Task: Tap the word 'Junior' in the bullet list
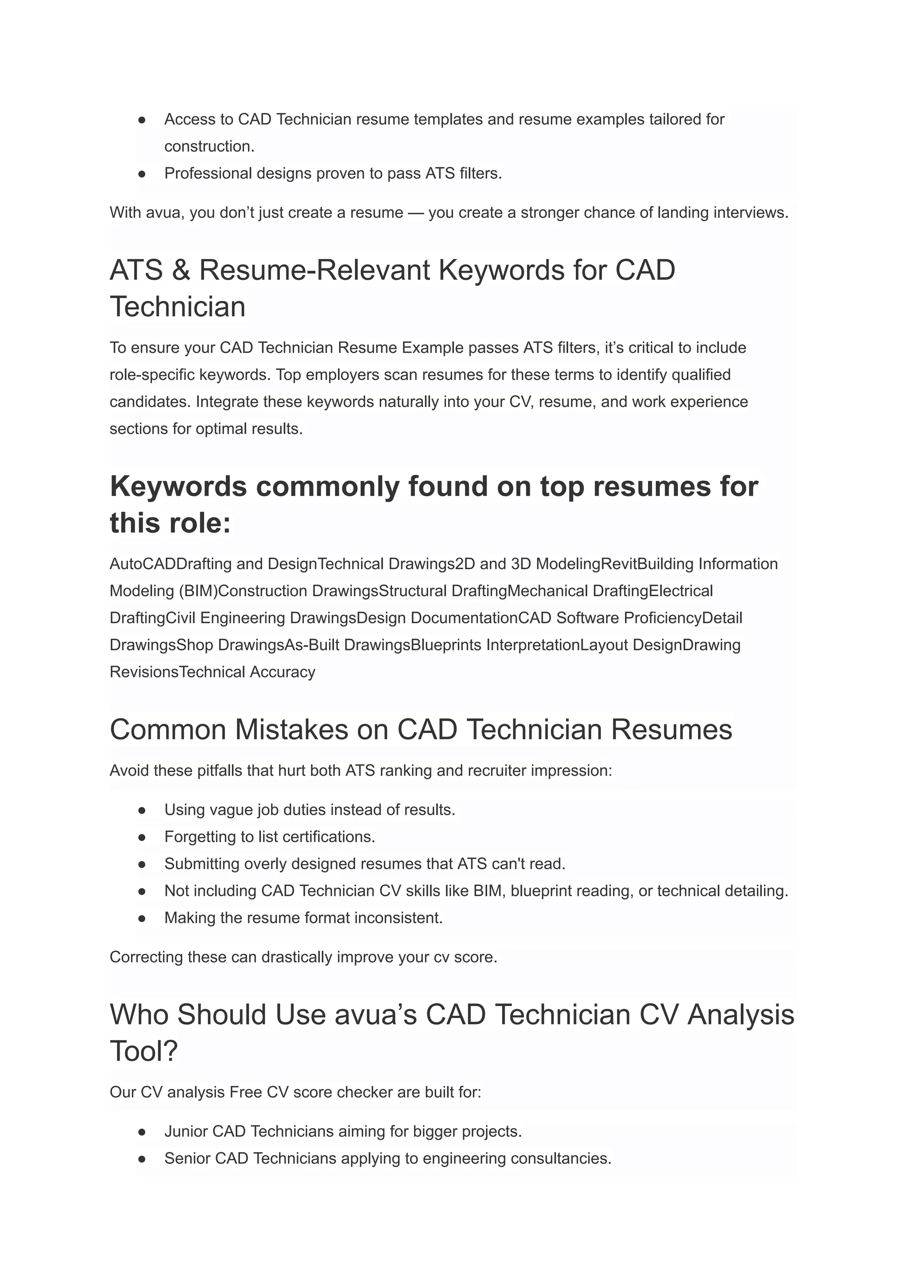point(186,1131)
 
